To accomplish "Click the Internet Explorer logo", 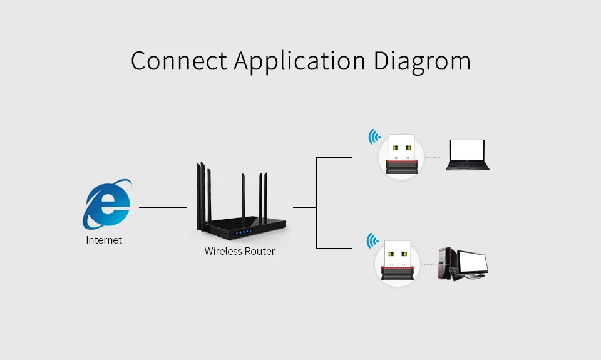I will click(107, 204).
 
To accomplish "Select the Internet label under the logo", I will click(104, 240).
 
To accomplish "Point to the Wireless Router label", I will click(240, 251).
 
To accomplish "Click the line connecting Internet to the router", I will click(163, 207).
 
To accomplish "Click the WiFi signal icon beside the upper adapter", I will click(374, 136).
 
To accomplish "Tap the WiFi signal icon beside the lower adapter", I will click(372, 240).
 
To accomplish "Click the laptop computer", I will click(467, 155).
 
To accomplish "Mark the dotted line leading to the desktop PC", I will click(429, 264).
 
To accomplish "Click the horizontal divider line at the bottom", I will click(300, 347).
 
